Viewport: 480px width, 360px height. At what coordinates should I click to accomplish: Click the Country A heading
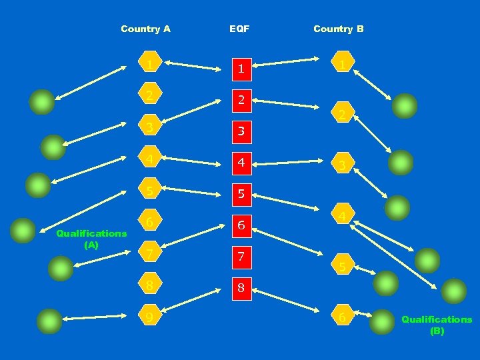(x=145, y=29)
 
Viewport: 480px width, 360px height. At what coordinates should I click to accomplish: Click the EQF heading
(x=239, y=29)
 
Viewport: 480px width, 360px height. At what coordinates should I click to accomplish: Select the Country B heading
(x=338, y=29)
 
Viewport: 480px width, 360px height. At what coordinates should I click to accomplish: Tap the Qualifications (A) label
(x=91, y=239)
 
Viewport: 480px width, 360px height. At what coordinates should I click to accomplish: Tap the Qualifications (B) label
(x=437, y=325)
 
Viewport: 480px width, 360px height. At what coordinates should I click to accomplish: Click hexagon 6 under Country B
(x=341, y=318)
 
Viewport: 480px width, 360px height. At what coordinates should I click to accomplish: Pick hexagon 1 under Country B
(x=341, y=64)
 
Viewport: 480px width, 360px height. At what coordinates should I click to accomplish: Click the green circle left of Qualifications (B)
(x=382, y=321)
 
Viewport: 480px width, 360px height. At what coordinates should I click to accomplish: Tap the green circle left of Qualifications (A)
(x=24, y=231)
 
